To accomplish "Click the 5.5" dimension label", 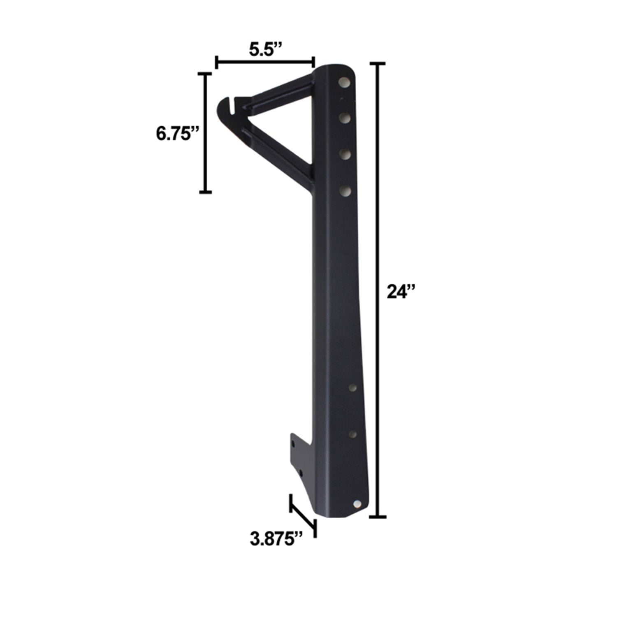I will click(x=265, y=50).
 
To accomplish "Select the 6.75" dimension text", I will click(x=177, y=134).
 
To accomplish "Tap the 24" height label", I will click(x=402, y=292).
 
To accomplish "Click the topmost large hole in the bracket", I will click(x=344, y=83).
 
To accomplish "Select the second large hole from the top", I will click(x=345, y=118).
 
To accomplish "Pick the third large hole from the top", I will click(x=345, y=154).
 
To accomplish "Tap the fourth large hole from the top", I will click(x=345, y=190).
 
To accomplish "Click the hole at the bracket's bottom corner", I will click(x=357, y=504).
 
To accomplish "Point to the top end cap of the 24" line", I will click(x=378, y=64).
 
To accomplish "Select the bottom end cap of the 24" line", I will click(x=378, y=516).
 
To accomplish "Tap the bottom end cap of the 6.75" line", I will click(x=205, y=192).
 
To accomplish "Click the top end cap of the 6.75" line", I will click(x=205, y=74).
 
